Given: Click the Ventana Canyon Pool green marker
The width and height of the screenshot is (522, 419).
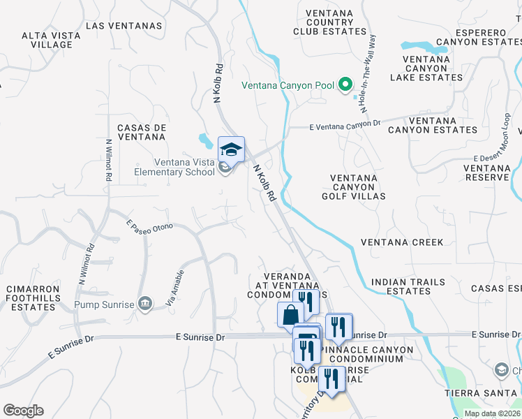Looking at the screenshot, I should click(345, 86).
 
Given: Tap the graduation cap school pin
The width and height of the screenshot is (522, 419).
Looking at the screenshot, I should click(231, 149).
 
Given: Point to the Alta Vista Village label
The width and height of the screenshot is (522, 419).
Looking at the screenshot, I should click(47, 40).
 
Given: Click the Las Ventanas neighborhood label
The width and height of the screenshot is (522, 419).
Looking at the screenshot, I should click(124, 26).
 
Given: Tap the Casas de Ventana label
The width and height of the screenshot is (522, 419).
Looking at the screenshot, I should click(142, 133).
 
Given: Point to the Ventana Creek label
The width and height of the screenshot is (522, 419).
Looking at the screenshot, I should click(402, 242).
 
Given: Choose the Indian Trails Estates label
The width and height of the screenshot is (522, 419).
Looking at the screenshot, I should click(408, 286).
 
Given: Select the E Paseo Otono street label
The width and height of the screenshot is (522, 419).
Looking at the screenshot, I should click(149, 226).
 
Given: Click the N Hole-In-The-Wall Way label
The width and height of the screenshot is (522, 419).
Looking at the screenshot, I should click(367, 73).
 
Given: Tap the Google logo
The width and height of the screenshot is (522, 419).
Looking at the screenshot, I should click(23, 411).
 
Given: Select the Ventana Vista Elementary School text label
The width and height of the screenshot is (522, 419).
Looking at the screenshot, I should click(174, 167).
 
